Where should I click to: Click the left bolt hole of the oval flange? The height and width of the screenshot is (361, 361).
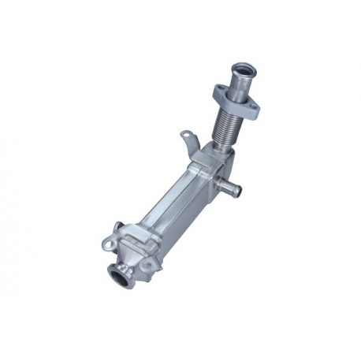coord(218,93)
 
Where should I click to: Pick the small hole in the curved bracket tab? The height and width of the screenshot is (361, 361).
coord(184,136)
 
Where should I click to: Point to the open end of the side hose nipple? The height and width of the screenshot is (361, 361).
coord(233,192)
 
